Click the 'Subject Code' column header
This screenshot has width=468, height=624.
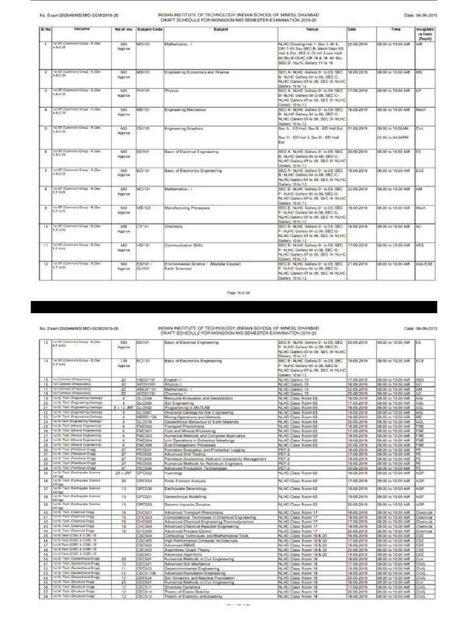pos(145,29)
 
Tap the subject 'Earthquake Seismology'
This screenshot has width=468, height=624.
pos(190,472)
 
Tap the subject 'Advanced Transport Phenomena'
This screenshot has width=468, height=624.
pos(195,496)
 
